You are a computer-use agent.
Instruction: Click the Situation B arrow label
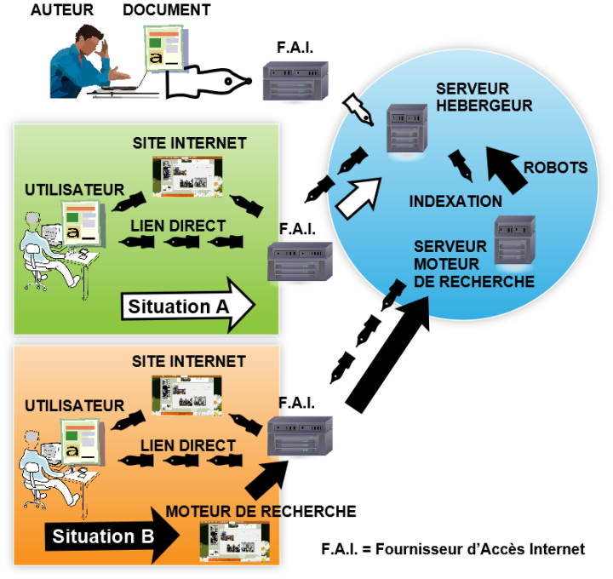[103, 536]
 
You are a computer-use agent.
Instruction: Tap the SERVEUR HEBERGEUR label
[484, 97]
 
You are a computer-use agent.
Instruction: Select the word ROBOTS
[555, 168]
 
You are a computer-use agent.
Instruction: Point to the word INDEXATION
[455, 202]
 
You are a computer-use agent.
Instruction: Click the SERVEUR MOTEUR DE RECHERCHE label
[473, 264]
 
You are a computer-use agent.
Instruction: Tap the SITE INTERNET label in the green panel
[189, 143]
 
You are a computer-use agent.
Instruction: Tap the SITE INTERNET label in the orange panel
[188, 362]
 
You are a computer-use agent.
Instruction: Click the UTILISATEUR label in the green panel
[75, 190]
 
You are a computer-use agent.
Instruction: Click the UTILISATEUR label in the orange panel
[75, 406]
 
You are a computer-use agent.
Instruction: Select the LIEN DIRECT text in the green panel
[178, 226]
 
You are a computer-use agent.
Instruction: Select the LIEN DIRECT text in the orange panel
[188, 445]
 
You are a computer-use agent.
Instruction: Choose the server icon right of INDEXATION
[514, 241]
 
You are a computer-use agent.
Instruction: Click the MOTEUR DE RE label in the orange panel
[223, 512]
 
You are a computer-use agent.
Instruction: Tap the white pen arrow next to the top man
[205, 83]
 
